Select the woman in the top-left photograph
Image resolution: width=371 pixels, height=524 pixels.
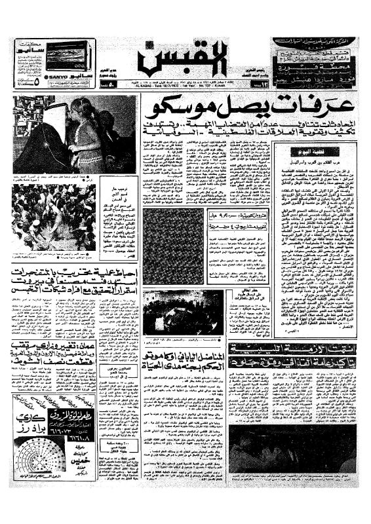(x=87, y=134)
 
